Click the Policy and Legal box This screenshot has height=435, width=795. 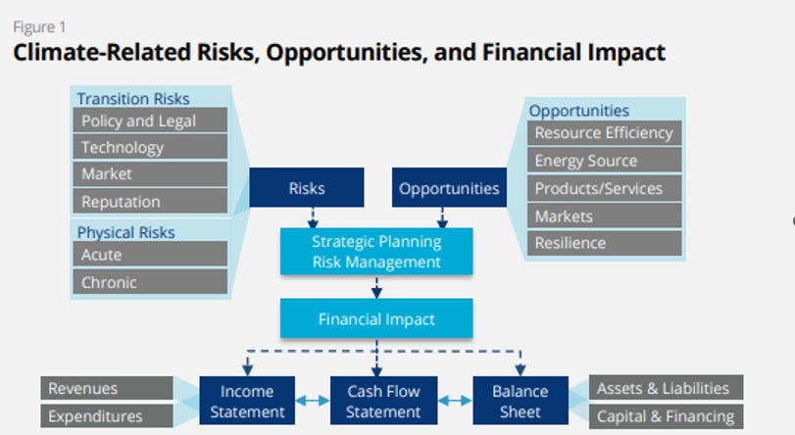click(150, 121)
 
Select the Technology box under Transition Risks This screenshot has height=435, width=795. click(150, 147)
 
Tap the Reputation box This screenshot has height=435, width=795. click(150, 201)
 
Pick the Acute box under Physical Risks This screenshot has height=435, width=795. click(150, 255)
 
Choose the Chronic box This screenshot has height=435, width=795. click(150, 282)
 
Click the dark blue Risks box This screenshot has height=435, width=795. click(306, 188)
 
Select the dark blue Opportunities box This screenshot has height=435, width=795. click(449, 188)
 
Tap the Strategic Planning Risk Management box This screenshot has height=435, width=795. click(376, 252)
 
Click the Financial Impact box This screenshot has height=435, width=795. click(376, 319)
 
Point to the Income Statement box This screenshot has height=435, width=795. click(247, 401)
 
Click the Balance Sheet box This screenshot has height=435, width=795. click(520, 401)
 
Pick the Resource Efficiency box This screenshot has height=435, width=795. click(604, 133)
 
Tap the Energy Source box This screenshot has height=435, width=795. click(604, 161)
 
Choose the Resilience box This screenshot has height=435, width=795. click(604, 243)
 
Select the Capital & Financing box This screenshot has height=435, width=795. click(666, 416)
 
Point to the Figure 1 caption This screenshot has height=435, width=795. click(33, 26)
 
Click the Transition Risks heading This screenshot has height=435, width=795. click(133, 98)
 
